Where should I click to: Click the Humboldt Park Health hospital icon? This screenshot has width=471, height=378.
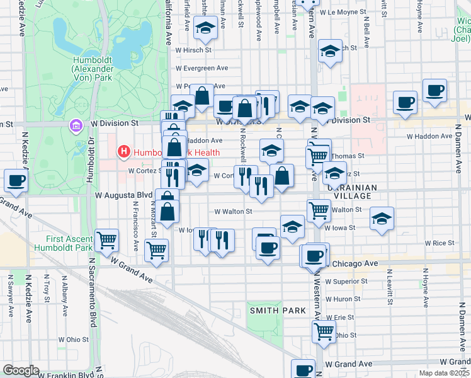124,152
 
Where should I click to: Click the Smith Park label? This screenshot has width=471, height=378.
278,311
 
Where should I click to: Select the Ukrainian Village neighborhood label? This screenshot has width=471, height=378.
352,192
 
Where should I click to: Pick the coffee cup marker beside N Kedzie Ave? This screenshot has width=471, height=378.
15,180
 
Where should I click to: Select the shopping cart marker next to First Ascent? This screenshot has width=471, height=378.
107,239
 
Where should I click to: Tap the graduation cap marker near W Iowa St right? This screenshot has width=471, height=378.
382,219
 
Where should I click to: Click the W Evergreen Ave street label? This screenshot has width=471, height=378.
201,68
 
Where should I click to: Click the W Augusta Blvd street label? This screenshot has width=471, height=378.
124,196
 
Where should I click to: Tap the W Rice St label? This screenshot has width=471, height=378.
439,243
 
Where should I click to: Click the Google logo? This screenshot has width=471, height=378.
21,370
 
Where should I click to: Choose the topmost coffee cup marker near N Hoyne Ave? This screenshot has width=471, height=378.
434,90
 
